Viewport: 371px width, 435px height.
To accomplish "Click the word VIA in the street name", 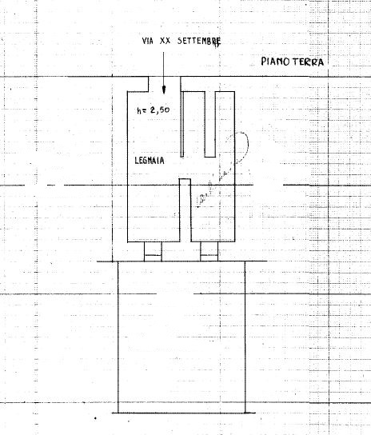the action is click(148, 41).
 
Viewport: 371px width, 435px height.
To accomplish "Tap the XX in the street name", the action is click(165, 41).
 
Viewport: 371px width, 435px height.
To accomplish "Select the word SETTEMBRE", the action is click(199, 42).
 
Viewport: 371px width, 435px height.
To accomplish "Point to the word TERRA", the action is click(308, 62).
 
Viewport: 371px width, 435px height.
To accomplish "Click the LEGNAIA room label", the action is click(150, 161).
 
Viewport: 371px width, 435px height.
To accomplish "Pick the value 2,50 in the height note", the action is click(160, 110).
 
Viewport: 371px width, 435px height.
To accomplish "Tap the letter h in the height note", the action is click(139, 110).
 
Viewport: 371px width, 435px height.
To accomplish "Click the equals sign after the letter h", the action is click(145, 110).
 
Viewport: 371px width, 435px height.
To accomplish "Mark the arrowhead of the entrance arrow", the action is click(164, 90).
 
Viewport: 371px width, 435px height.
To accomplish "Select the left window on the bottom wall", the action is click(153, 251).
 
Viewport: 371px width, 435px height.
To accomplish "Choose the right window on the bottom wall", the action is click(209, 251).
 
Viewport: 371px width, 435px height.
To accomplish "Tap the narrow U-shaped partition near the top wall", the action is click(210, 124).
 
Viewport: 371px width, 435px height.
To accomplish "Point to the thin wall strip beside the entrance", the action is click(182, 124).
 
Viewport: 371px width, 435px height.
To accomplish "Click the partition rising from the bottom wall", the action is click(185, 210).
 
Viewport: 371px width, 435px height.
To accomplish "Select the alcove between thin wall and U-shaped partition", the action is click(194, 124).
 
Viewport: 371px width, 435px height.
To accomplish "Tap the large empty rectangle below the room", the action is click(182, 337).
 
